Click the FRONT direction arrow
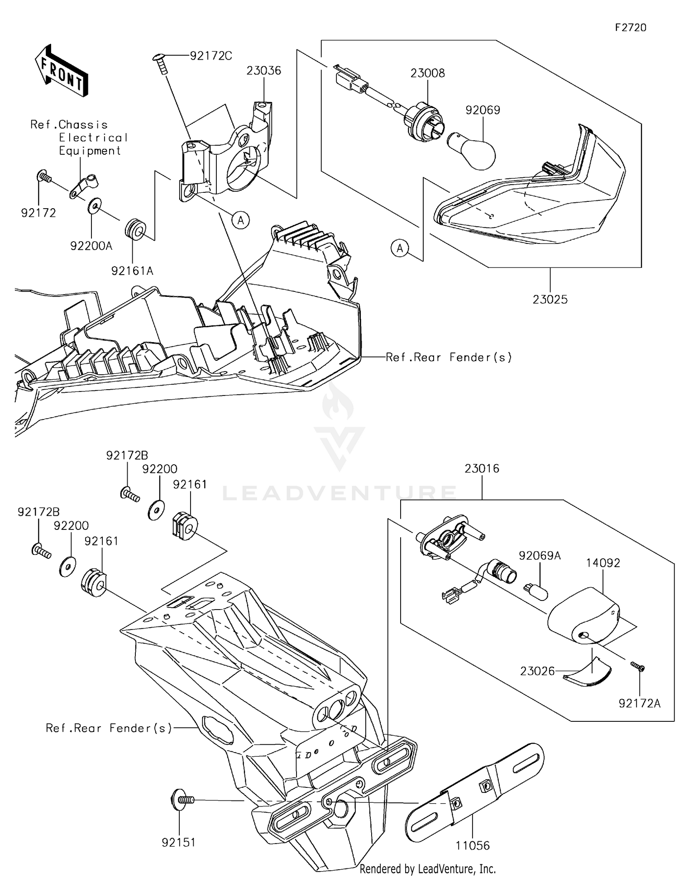pos(62,71)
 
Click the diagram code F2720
pos(631,28)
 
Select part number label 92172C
pos(211,56)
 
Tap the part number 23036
pos(264,71)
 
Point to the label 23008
pos(428,73)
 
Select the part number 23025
pos(550,299)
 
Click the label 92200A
pos(91,246)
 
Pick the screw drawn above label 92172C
pos(161,62)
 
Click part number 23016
pos(482,468)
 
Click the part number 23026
pos(537,671)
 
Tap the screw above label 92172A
pos(638,667)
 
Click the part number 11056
pos(473,845)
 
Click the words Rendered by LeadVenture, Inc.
pos(428,868)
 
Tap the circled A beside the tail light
pos(400,248)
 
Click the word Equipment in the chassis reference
pos(90,151)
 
